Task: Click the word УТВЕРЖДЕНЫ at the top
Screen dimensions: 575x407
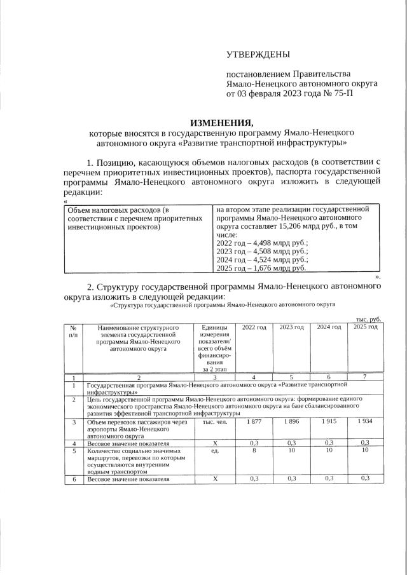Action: (x=258, y=55)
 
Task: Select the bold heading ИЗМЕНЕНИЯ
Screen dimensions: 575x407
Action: (x=221, y=123)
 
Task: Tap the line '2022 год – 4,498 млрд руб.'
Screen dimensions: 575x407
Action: (x=262, y=243)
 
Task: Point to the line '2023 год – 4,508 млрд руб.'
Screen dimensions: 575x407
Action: (x=262, y=252)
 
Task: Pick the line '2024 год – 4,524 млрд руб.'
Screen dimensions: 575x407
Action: (x=262, y=260)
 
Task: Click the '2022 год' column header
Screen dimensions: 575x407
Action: (x=254, y=327)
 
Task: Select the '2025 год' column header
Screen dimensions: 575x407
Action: (x=366, y=327)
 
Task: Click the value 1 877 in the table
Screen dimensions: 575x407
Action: (x=254, y=422)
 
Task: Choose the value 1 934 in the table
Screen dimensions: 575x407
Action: (x=365, y=422)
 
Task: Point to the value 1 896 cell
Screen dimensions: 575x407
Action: (x=291, y=422)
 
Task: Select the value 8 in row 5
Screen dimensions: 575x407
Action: (x=254, y=450)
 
